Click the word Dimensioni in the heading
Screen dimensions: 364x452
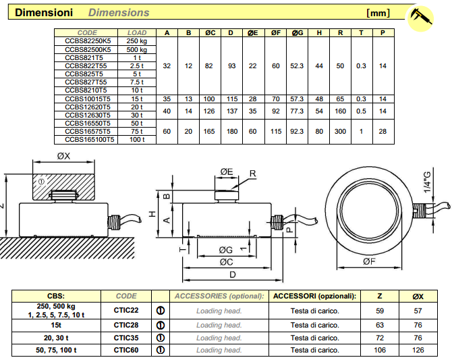pyautogui.click(x=44, y=12)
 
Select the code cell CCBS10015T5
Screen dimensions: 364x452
pyautogui.click(x=87, y=99)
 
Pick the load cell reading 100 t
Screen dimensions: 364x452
pyautogui.click(x=137, y=139)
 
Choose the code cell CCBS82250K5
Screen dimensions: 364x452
pyautogui.click(x=87, y=41)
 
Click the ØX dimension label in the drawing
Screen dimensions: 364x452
pyautogui.click(x=63, y=157)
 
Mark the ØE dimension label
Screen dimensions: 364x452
pyautogui.click(x=227, y=173)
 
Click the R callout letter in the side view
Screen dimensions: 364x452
pyautogui.click(x=252, y=174)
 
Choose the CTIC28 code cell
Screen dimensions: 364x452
pyautogui.click(x=126, y=324)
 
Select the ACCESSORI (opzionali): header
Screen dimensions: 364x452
pyautogui.click(x=314, y=296)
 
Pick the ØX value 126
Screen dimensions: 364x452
pyautogui.click(x=418, y=350)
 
